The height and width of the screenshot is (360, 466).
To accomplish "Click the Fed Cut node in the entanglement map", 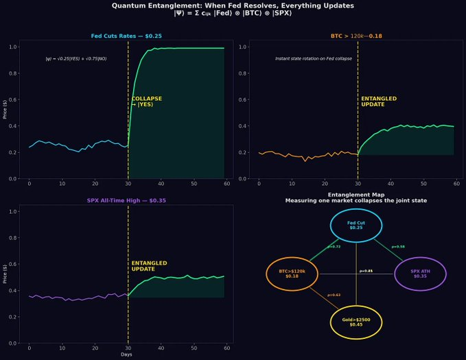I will click(356, 226).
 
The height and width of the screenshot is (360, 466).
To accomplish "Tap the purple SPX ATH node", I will click(420, 274).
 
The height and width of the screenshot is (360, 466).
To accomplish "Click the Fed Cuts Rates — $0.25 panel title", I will click(126, 36).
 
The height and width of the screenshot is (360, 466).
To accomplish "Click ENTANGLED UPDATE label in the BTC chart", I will click(378, 101).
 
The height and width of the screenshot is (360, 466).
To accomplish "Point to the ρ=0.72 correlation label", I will click(334, 246).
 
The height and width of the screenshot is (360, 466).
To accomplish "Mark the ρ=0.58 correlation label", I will click(398, 246).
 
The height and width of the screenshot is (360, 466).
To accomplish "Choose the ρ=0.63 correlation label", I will click(334, 295).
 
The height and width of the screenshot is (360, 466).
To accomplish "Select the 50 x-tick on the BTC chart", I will click(421, 184).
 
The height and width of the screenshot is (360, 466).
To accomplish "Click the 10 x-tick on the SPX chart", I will click(62, 348).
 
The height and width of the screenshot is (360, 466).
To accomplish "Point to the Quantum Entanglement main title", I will click(233, 5).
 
